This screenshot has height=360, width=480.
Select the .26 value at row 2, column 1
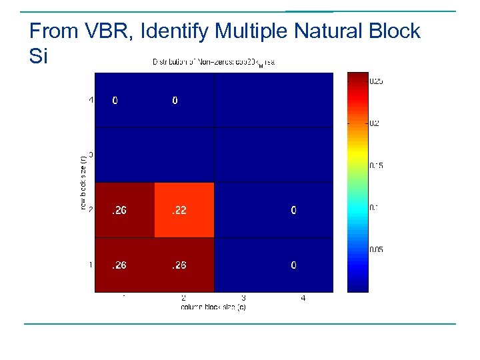(x=119, y=211)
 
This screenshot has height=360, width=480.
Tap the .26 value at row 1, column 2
(x=178, y=265)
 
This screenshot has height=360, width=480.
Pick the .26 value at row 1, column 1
(x=119, y=265)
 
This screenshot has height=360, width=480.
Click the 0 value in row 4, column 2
(x=175, y=101)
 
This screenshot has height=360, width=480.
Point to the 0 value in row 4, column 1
(x=115, y=101)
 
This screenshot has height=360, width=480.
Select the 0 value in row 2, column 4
(x=293, y=211)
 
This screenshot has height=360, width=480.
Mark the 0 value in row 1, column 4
(x=293, y=265)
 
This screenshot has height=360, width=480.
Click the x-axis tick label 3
(x=243, y=299)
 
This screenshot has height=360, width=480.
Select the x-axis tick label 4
(x=303, y=299)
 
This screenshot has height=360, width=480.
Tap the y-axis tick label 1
(x=91, y=265)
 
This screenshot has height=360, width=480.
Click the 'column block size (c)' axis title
(x=213, y=307)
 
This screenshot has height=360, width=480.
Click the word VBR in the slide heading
(x=102, y=31)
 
